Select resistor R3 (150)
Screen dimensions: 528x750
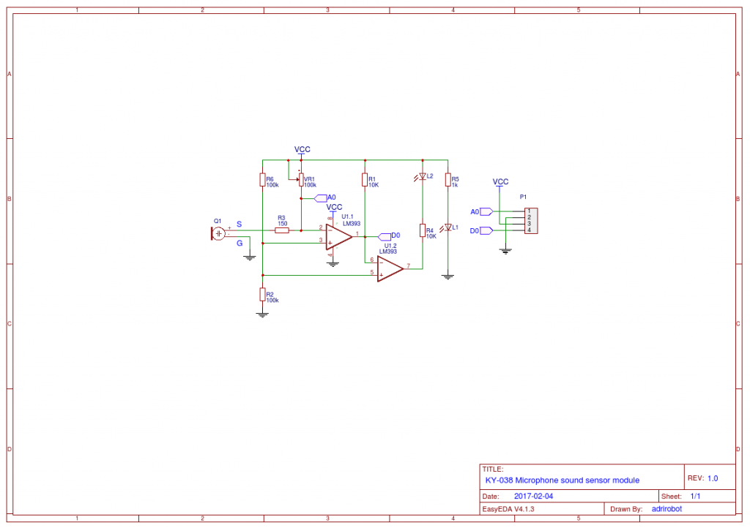tap(282, 230)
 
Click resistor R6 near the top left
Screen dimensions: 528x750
tap(261, 180)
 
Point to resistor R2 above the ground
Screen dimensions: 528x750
tap(261, 294)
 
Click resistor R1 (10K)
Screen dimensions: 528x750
tap(364, 180)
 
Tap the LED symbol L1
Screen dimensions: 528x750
tap(448, 228)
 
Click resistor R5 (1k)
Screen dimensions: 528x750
tap(448, 180)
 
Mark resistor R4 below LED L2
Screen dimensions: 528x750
tap(422, 231)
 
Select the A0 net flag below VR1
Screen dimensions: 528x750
tap(321, 197)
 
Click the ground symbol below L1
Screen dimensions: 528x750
tap(448, 276)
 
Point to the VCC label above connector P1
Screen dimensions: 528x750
tap(500, 181)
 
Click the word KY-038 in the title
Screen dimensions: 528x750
tap(499, 480)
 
